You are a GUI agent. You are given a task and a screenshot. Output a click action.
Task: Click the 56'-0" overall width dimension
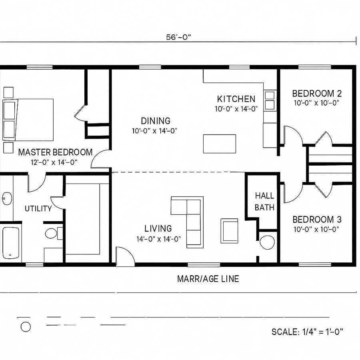179,38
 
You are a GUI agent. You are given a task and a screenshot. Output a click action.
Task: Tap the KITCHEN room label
236,99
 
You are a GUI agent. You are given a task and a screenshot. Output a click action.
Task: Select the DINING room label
155,121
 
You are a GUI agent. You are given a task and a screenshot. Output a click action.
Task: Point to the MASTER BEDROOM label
55,152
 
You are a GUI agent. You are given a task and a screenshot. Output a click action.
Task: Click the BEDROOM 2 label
317,94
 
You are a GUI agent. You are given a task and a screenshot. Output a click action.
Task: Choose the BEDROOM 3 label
317,220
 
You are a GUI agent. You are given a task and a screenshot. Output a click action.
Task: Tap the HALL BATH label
264,201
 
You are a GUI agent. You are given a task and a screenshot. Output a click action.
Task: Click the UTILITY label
38,208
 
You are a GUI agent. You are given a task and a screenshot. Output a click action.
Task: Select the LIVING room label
158,228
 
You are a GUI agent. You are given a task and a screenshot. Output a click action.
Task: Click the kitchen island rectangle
219,144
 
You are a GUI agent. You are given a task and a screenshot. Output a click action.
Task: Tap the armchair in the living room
230,230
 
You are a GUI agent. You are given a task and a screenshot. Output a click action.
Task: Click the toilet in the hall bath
267,242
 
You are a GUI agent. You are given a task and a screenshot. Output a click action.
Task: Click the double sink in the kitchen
270,100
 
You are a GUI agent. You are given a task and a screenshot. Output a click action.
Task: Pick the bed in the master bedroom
28,120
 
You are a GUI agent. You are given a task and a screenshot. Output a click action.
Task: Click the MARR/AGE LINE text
208,279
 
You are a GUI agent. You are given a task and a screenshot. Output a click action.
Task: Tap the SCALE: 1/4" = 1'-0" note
307,332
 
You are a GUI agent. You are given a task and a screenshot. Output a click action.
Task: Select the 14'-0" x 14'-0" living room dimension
158,239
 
